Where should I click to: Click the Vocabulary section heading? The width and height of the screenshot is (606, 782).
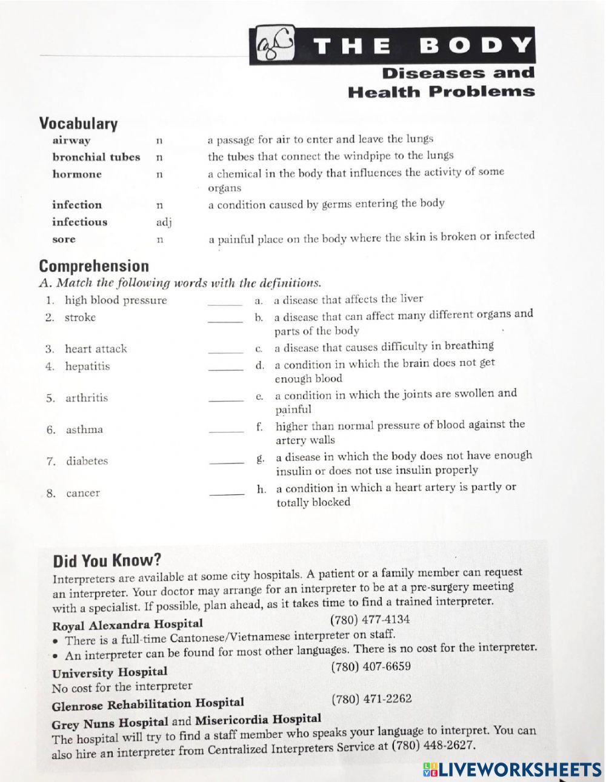tap(78, 124)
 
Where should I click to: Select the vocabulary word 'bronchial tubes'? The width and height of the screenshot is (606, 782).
tap(96, 157)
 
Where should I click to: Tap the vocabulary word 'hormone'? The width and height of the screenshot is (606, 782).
tap(76, 174)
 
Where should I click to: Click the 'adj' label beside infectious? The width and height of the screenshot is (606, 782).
tap(164, 222)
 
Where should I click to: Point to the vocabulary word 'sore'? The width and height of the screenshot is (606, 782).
tap(64, 239)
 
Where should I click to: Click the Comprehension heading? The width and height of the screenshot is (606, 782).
tap(93, 267)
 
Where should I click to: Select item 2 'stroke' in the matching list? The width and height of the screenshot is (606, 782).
tap(80, 317)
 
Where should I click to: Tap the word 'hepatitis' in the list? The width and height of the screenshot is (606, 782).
tap(87, 366)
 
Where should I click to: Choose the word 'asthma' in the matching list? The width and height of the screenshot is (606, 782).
tap(84, 430)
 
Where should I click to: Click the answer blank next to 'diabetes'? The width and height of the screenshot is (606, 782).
tap(227, 463)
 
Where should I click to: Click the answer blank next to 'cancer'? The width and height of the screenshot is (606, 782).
tap(227, 495)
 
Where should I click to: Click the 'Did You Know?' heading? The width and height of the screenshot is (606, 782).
tap(107, 560)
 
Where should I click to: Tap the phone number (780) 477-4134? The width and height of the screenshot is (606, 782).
tap(370, 620)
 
